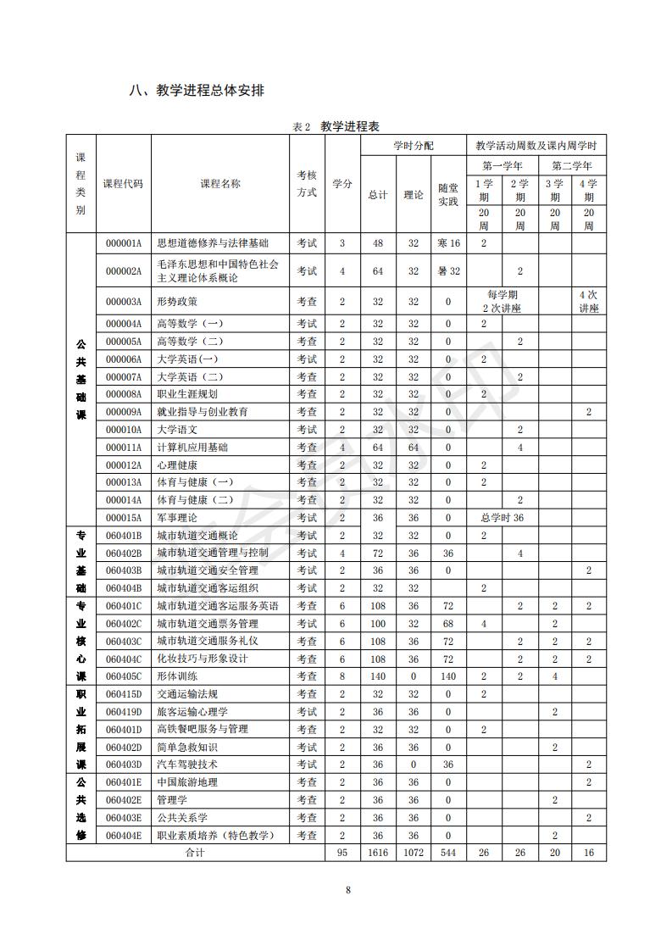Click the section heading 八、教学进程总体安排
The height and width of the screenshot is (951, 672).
(196, 91)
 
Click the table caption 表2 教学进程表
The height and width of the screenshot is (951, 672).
(336, 126)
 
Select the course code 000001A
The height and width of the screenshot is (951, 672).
(124, 243)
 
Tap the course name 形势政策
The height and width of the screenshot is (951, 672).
(177, 301)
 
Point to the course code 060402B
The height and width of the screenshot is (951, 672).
(124, 553)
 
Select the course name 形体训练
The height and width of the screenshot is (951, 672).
(177, 676)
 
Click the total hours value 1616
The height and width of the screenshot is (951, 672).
(378, 852)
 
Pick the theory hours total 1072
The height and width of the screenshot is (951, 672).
(414, 852)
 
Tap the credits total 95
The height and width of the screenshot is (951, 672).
(342, 852)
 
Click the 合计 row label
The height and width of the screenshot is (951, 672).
(196, 852)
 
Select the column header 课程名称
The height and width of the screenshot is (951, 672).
(220, 184)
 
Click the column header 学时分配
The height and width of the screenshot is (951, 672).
(414, 146)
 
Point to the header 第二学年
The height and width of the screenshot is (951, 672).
(571, 165)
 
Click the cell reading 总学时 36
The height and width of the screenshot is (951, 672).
(502, 517)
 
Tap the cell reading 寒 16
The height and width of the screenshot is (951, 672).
(449, 243)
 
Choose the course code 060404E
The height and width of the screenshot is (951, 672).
(124, 835)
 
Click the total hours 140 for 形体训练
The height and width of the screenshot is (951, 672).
(378, 676)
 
